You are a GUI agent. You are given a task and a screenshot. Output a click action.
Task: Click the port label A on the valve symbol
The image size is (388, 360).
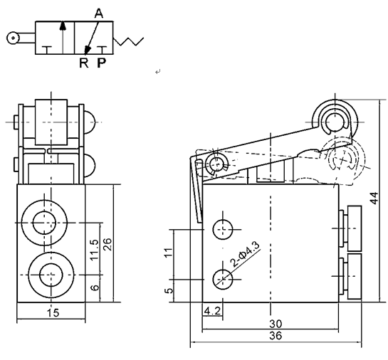[98, 13]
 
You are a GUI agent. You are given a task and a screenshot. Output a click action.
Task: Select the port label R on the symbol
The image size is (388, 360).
[83, 63]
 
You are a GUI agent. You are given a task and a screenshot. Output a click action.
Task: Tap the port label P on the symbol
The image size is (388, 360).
[101, 63]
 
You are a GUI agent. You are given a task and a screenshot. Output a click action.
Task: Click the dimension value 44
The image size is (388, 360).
[375, 197]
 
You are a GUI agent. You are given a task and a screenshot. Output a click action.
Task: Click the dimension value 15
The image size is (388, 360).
[48, 311]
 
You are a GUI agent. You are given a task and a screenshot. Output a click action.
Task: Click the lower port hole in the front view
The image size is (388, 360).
[48, 272]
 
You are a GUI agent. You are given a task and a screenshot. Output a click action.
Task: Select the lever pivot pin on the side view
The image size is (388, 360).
[214, 164]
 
